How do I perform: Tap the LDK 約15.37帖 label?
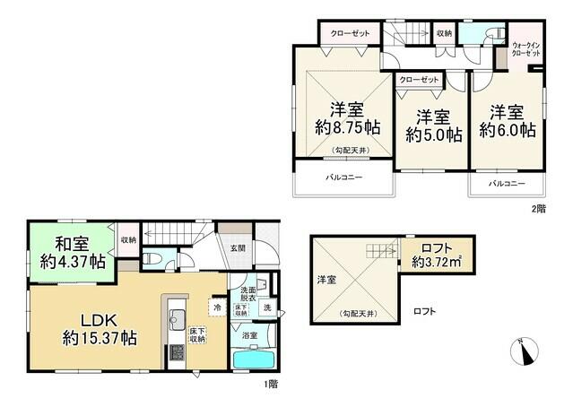point(99,329)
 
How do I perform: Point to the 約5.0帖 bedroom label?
point(433,125)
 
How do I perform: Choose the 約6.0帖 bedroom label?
point(507,120)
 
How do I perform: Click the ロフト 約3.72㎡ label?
point(437,255)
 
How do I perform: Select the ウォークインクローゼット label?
point(526,49)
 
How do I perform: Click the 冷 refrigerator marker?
point(216,307)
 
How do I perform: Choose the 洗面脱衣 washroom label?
point(246,296)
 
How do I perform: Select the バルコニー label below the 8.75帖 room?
point(343,178)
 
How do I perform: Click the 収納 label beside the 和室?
point(127,239)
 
